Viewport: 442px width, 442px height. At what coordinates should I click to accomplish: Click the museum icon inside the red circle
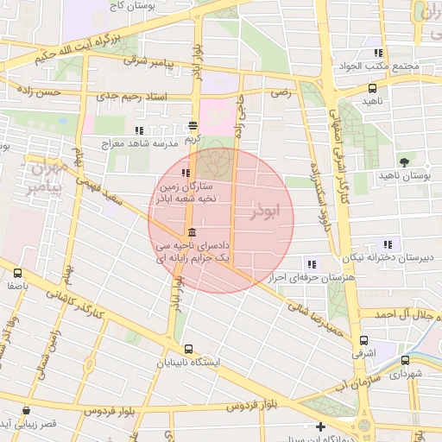[192, 233]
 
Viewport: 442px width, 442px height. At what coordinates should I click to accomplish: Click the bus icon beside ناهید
[372, 88]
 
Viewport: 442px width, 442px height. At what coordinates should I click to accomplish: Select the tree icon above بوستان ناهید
[404, 161]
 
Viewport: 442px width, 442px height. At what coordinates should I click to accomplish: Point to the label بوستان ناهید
[404, 175]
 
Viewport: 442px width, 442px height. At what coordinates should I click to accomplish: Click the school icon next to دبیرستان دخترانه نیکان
[388, 244]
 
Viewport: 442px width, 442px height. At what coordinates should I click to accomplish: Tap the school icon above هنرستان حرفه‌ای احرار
[311, 264]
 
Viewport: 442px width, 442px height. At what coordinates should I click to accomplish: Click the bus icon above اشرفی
[363, 340]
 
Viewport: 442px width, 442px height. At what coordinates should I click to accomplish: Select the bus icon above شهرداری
[404, 361]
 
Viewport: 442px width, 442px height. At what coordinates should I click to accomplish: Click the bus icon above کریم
[194, 124]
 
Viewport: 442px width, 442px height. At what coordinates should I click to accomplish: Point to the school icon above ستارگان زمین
[186, 173]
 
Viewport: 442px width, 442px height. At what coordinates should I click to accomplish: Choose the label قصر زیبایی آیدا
[31, 425]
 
